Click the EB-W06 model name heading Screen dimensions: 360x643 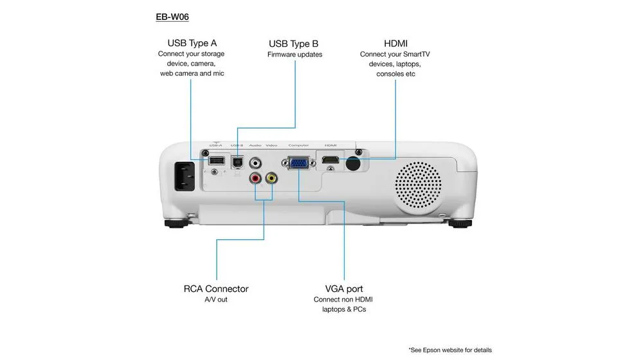(x=172, y=17)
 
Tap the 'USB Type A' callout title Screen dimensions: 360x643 (x=192, y=43)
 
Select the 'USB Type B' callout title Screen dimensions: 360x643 (x=294, y=44)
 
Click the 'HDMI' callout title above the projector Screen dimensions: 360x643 (x=395, y=43)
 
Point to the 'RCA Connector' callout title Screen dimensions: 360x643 (x=216, y=289)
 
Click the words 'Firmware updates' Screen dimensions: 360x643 (x=294, y=55)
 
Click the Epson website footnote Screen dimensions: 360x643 (x=450, y=350)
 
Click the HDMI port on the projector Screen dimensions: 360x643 (x=331, y=159)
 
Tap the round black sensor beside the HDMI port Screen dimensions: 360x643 (x=352, y=163)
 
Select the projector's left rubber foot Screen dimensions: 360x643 (x=178, y=224)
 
